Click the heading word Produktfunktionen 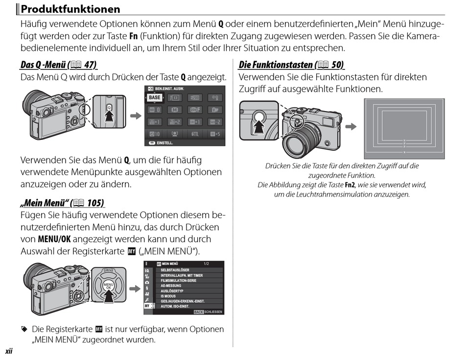(x=70, y=9)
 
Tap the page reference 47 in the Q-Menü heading (x=90, y=65)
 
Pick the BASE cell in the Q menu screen (x=155, y=97)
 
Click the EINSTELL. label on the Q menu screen (x=165, y=143)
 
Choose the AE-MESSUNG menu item (x=171, y=286)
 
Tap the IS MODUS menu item (x=168, y=296)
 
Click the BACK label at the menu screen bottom (x=198, y=312)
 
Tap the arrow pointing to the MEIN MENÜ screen (x=135, y=288)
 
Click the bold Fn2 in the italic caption (x=350, y=185)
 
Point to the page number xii (x=8, y=351)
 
